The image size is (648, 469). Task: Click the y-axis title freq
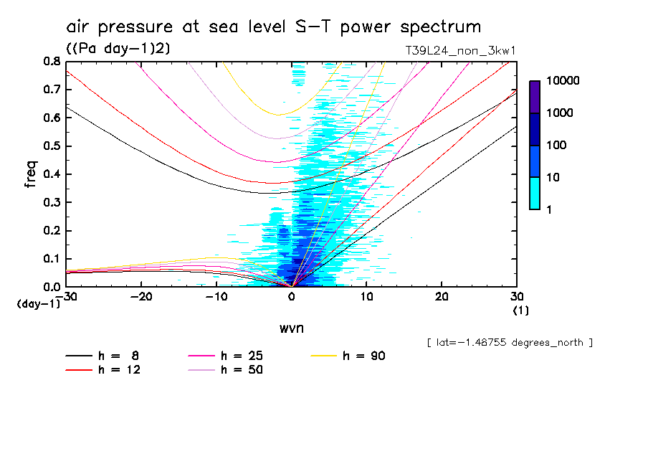31,174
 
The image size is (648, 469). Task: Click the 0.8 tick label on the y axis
50,62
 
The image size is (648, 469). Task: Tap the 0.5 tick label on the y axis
50,146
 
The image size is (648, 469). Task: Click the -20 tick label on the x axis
141,297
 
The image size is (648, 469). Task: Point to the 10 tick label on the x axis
366,297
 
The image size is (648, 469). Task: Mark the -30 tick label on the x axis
66,297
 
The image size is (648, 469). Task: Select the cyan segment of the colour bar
535,193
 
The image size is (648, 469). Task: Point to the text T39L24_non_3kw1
461,51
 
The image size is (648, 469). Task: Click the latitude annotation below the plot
510,343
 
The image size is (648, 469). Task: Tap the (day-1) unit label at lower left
38,304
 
